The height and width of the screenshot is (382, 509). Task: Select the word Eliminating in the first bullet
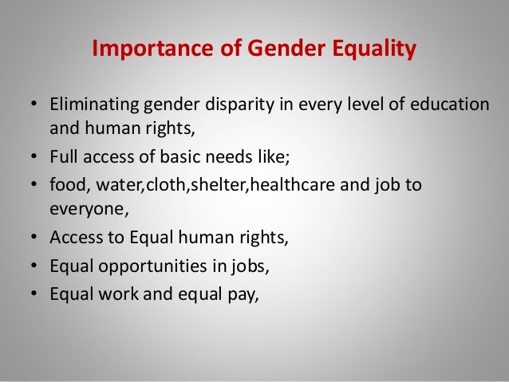point(93,106)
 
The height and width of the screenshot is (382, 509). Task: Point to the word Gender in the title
point(276,50)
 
